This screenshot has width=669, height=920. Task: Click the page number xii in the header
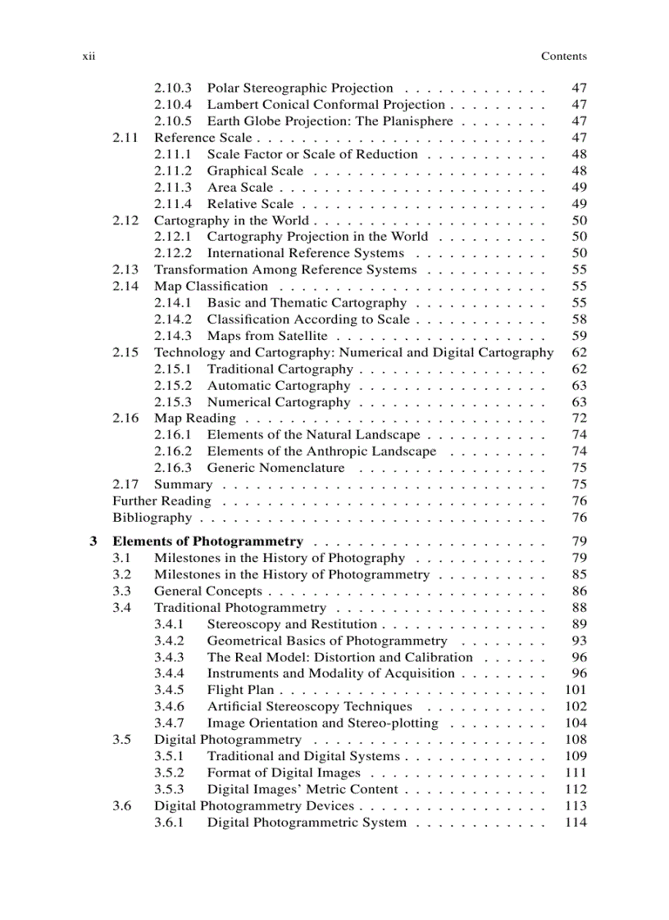89,57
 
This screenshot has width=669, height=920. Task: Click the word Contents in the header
563,57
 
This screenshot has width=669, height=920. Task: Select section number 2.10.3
173,88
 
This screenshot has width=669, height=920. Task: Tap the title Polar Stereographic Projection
299,88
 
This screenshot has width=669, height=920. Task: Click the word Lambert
231,105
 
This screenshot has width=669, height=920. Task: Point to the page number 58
579,320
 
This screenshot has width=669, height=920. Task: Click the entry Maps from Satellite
266,336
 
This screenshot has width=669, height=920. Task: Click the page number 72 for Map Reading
579,419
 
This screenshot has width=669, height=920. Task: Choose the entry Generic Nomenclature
275,468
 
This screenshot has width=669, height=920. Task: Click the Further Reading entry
162,501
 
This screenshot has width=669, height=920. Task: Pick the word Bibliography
152,518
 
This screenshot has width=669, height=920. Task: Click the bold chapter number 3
93,542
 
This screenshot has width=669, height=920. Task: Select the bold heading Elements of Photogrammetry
207,542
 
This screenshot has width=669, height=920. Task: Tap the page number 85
579,574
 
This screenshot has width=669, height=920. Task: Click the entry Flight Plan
239,690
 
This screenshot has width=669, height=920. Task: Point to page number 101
576,690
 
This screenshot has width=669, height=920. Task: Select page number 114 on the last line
576,822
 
